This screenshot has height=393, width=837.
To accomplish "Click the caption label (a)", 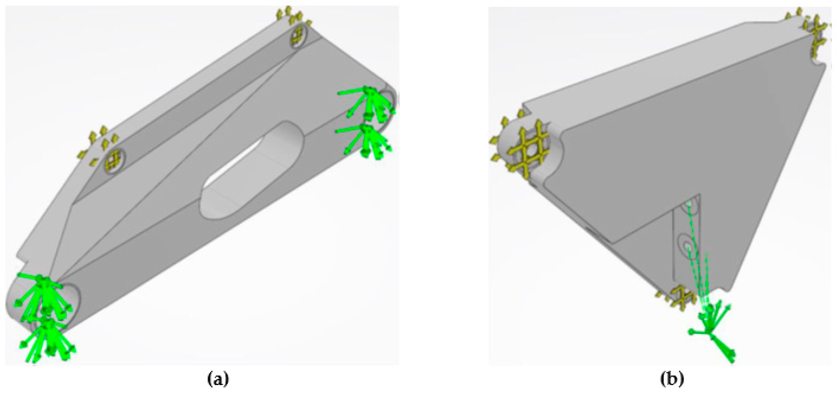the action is pyautogui.click(x=218, y=379).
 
